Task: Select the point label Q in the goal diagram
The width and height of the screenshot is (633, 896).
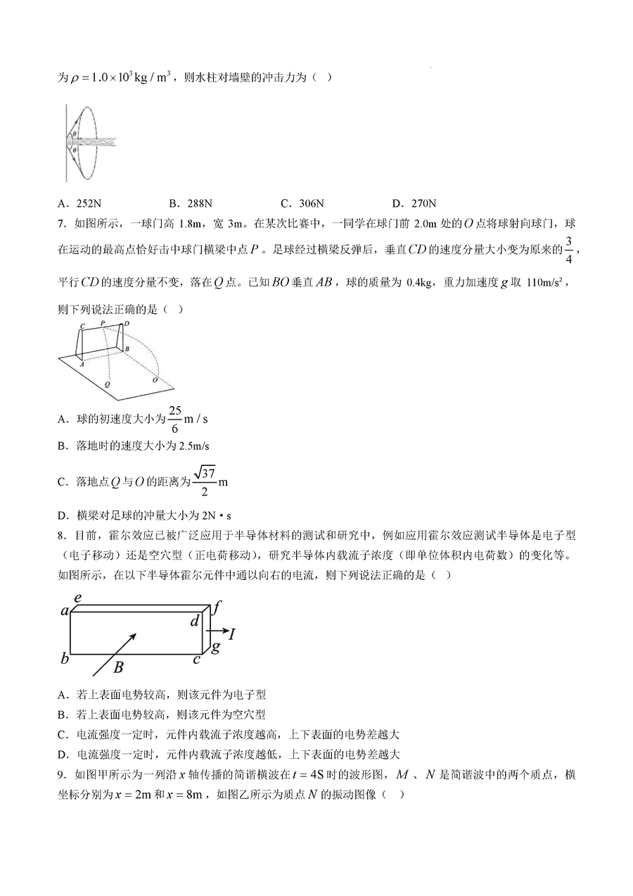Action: click(107, 385)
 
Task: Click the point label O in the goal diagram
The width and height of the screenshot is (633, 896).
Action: click(155, 380)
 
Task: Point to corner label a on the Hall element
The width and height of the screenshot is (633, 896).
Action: click(65, 610)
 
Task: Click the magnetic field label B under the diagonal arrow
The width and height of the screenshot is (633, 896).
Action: click(119, 666)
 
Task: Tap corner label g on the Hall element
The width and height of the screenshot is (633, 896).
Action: click(216, 646)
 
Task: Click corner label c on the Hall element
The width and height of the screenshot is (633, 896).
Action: click(197, 659)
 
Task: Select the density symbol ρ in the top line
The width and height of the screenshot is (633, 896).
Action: click(75, 79)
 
